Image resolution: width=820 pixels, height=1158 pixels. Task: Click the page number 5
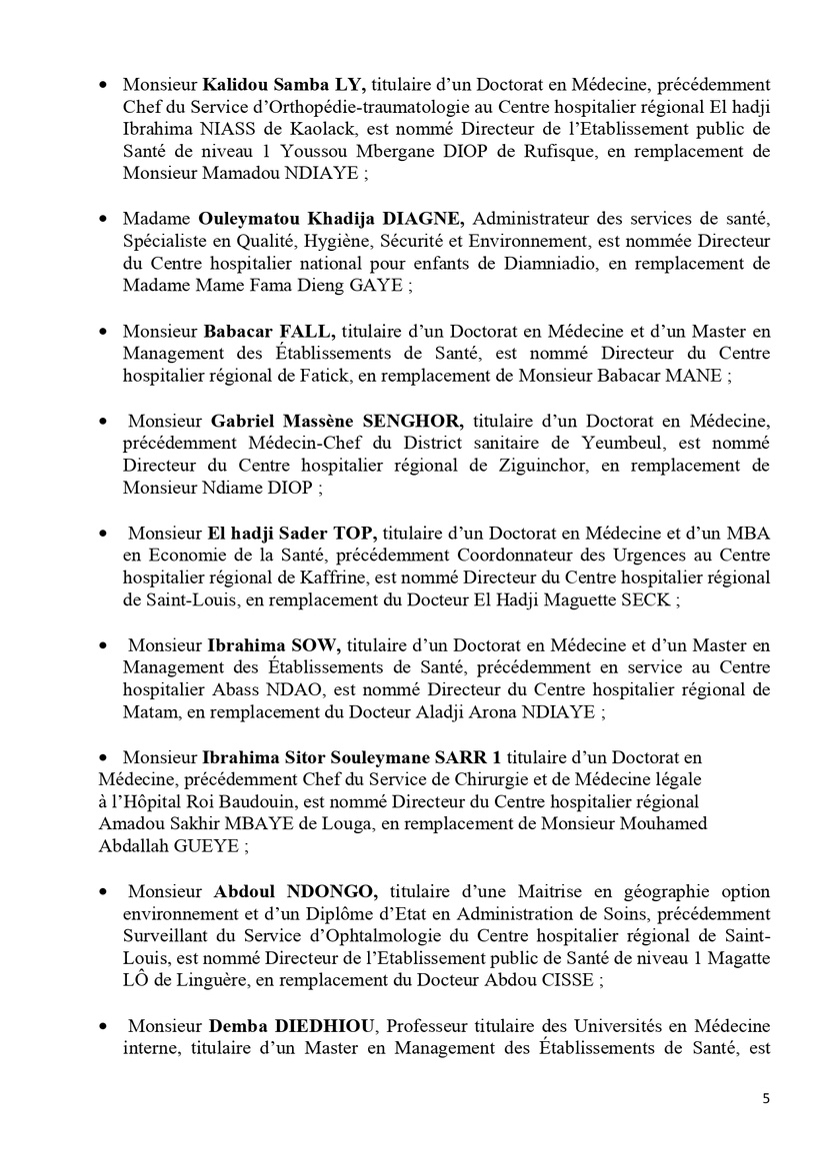coord(766,1098)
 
